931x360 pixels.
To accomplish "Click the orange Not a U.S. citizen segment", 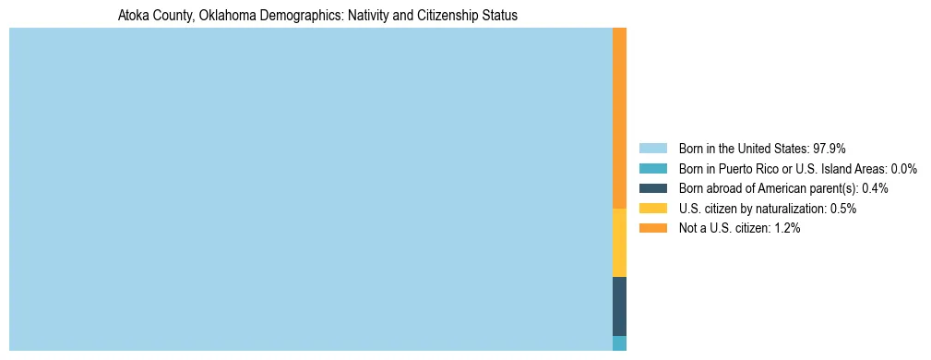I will click(619, 118).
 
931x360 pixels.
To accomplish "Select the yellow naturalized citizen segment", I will click(619, 243).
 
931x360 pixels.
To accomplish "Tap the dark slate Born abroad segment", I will click(619, 306).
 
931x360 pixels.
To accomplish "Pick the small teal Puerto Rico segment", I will click(619, 343).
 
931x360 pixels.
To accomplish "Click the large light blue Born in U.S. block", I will click(310, 189).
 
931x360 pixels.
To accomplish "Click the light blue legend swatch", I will click(652, 149).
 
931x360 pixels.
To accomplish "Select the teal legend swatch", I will click(652, 169).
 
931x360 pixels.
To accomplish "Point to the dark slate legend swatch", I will click(652, 188).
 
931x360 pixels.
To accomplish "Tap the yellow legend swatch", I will click(652, 209).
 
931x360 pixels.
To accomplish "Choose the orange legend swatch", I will click(652, 228).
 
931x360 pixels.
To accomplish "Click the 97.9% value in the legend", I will click(830, 149).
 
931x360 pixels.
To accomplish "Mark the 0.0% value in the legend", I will click(903, 169).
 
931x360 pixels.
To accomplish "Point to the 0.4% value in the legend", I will click(875, 188).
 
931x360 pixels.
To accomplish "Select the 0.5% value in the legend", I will click(843, 209).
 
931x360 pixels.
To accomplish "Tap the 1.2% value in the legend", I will click(787, 228).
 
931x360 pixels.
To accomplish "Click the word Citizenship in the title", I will click(436, 16).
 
